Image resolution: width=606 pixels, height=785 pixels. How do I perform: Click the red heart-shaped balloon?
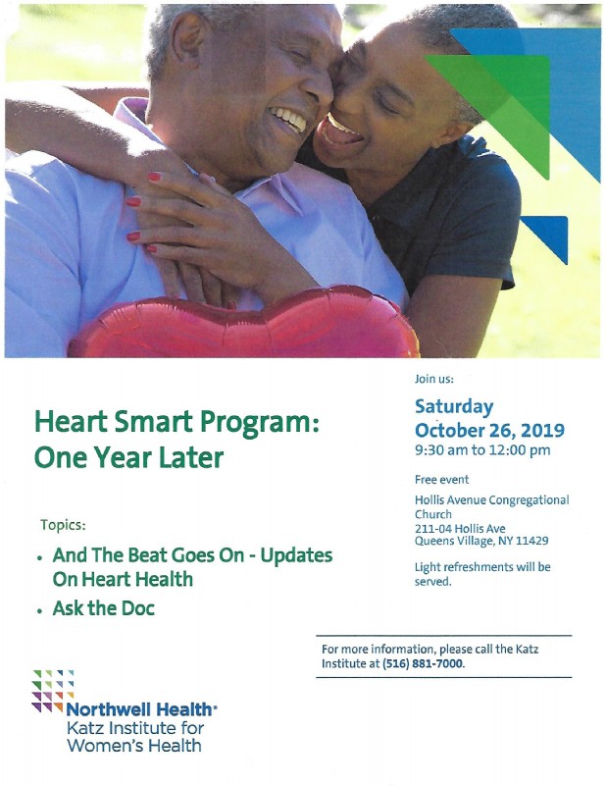coord(244,323)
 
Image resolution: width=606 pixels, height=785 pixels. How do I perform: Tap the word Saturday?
coord(454,406)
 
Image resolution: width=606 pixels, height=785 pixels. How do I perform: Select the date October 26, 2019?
coord(489,430)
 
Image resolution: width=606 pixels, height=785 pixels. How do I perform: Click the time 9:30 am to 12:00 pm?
coord(482,450)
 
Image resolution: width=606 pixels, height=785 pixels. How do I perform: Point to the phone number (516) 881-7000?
coord(423,664)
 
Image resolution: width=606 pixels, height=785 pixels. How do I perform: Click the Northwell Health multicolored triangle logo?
coord(53,691)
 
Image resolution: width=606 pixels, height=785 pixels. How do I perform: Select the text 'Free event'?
coord(442,480)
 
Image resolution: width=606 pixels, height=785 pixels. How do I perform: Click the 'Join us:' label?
coord(434,379)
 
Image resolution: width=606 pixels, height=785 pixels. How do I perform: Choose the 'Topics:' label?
coord(63,525)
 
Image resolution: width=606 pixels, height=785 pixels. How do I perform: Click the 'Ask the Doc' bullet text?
coord(104,608)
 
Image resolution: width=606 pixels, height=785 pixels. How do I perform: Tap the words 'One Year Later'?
coord(128,457)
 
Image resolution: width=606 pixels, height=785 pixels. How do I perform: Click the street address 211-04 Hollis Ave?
coord(460,528)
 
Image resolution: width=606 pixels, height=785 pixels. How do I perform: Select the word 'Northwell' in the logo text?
coord(103,709)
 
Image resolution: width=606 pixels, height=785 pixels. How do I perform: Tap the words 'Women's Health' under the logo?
coord(134,746)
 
